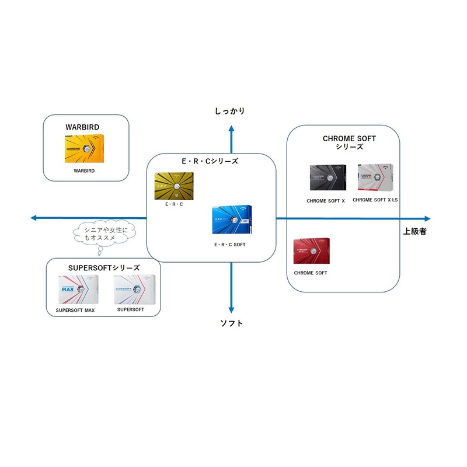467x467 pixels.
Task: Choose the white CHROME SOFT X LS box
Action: [375, 178]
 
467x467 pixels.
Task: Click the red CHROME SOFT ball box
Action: [311, 252]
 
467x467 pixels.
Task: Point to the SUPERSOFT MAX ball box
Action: [74, 289]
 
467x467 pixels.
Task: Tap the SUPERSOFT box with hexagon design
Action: [135, 289]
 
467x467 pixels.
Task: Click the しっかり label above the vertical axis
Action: [229, 111]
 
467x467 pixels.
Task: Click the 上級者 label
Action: [414, 231]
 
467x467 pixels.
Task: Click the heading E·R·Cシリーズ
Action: [210, 161]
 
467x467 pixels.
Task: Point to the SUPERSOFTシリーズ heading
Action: [104, 267]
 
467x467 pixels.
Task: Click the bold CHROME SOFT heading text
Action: [349, 138]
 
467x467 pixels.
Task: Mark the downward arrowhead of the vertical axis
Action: [232, 311]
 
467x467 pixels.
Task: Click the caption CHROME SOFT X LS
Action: [375, 200]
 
